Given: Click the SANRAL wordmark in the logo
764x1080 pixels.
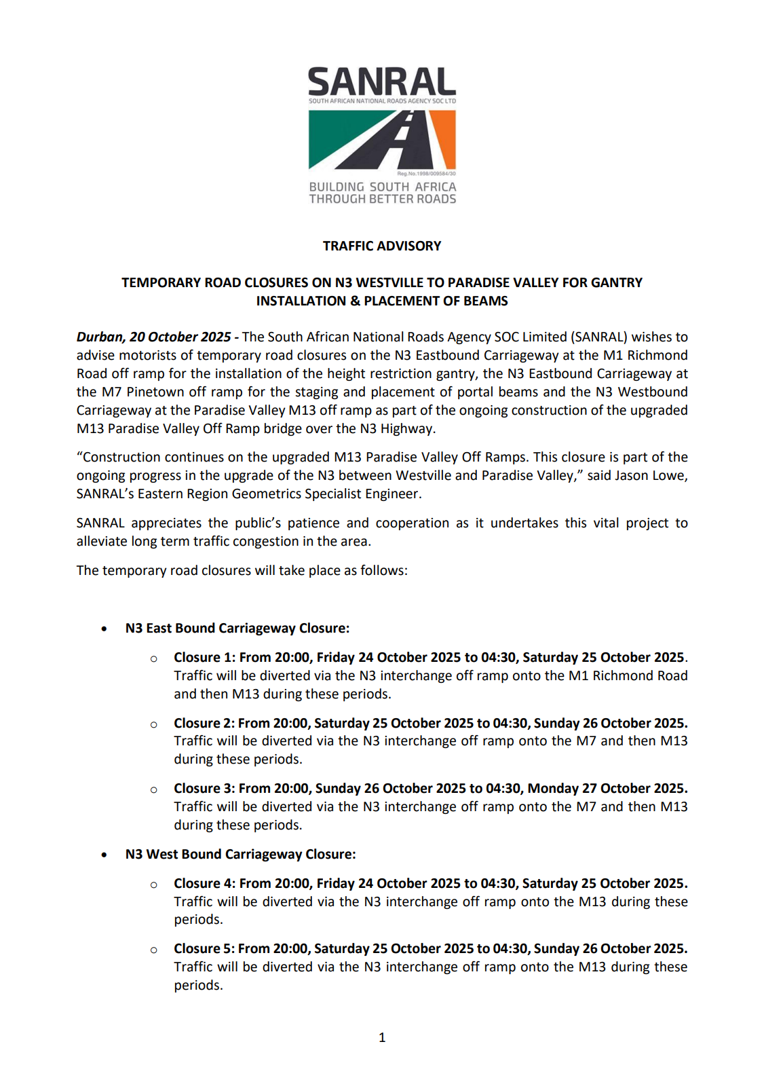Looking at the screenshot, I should [382, 82].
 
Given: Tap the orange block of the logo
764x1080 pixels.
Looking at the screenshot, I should [444, 136].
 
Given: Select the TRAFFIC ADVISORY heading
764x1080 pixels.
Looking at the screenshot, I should [382, 246].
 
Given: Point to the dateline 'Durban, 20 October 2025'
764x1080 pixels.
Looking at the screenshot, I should [154, 337].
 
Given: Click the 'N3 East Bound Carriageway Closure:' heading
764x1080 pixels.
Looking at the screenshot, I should [237, 629].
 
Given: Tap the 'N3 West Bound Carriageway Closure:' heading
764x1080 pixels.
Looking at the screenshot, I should [240, 855].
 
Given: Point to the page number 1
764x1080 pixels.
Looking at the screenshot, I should [382, 1037].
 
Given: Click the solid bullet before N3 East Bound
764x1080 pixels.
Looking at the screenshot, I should [104, 629].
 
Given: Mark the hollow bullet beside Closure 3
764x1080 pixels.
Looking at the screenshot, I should [154, 789].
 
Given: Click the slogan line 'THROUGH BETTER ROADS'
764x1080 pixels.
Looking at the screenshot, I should [383, 199].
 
